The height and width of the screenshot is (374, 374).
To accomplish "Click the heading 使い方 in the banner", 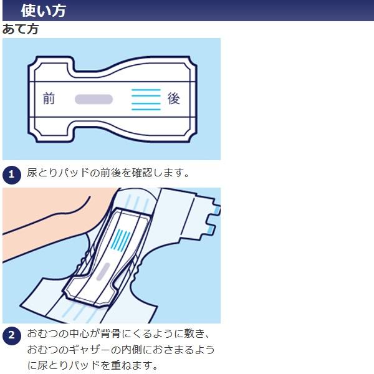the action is click(x=44, y=11).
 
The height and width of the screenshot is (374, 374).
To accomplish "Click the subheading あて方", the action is click(x=21, y=29).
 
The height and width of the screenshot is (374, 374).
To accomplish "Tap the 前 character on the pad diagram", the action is click(x=49, y=98).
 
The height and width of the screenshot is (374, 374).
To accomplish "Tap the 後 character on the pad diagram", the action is click(x=173, y=98).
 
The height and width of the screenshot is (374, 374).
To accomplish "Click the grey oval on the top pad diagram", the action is click(x=93, y=99).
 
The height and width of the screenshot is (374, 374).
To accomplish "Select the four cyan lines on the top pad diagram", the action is click(x=146, y=100).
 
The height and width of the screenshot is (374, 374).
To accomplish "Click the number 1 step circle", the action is click(x=12, y=175).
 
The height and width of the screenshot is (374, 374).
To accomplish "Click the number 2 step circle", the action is click(x=12, y=336).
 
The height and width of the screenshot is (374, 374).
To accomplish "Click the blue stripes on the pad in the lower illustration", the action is click(x=121, y=241).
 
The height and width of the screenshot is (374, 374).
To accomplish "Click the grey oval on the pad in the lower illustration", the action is click(x=103, y=272).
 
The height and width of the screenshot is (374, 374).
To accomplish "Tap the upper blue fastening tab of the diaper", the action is click(x=217, y=210).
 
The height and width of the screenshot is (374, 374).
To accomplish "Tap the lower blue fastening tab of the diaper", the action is click(x=211, y=229).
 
